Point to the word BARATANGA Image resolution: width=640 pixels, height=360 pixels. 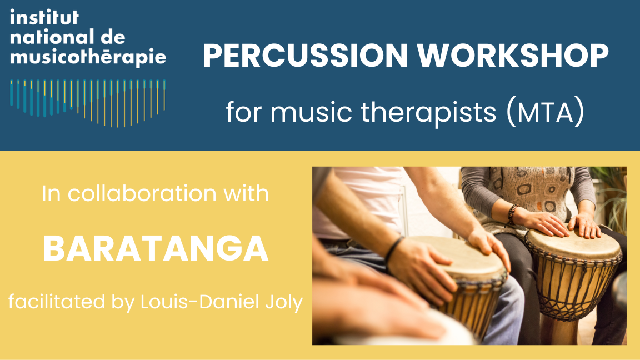coord(156,249)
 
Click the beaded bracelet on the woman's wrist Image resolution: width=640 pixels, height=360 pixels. coord(512,214)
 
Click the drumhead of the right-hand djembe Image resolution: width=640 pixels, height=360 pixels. coord(572,244)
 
